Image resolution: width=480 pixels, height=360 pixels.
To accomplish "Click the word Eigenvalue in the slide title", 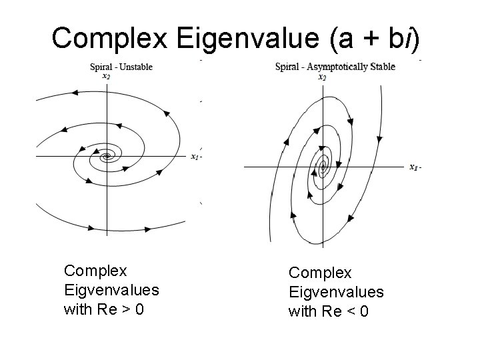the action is [249, 39].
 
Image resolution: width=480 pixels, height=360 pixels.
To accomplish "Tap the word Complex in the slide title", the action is [110, 39].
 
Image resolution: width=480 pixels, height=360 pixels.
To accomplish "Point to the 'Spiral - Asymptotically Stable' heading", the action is [335, 66].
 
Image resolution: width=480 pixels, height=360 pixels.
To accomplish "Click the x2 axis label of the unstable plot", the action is [106, 76].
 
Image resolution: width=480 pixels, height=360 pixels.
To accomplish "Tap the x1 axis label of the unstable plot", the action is [194, 157].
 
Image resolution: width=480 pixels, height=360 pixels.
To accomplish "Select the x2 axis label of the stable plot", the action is [323, 77].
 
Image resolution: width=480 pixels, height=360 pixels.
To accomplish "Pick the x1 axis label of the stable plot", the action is [414, 167].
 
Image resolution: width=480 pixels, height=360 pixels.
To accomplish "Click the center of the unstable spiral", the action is [106, 157].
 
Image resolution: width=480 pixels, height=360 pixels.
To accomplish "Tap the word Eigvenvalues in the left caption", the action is [111, 290].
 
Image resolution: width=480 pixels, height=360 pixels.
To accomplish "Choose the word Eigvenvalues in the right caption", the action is [336, 292].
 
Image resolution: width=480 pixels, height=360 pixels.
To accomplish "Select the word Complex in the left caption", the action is [95, 271].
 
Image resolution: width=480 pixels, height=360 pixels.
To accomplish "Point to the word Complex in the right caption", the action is [320, 273].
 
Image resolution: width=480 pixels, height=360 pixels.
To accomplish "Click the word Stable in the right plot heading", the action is [382, 66].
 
